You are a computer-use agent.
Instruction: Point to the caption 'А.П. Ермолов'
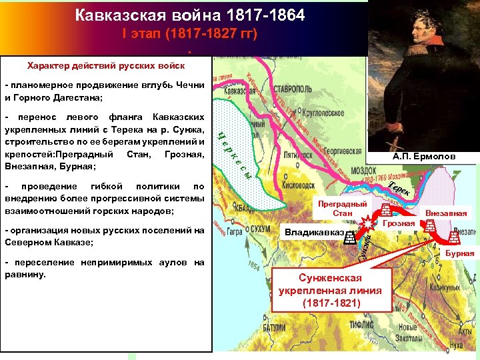pyautogui.click(x=424, y=156)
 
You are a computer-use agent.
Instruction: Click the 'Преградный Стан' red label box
pyautogui.click(x=343, y=209)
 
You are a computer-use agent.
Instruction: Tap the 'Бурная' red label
pyautogui.click(x=460, y=253)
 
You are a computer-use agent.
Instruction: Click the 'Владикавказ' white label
pyautogui.click(x=314, y=233)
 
